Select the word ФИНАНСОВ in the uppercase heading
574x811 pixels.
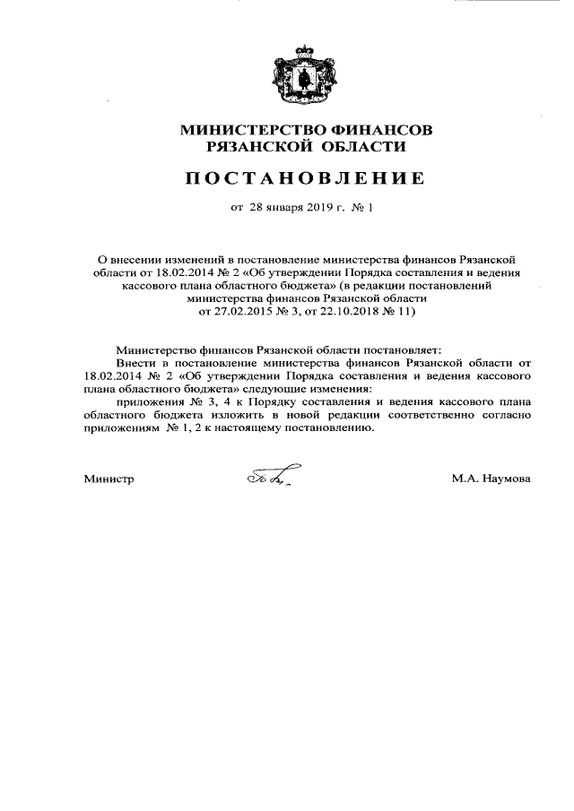click(381, 130)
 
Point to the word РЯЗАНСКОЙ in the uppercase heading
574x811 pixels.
click(253, 147)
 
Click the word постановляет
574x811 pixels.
click(397, 350)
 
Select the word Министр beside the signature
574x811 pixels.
click(109, 479)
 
